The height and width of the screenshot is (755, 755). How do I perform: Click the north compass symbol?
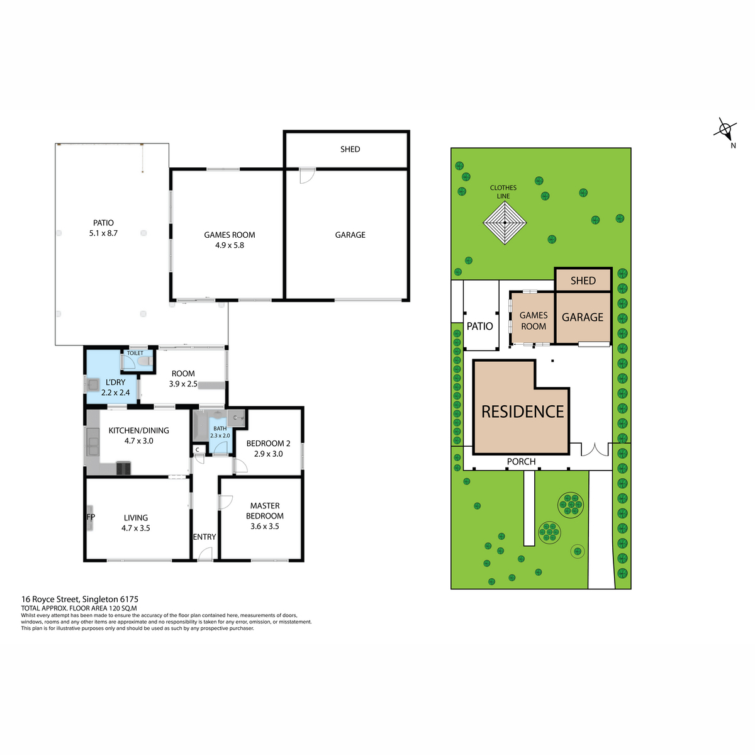(725, 130)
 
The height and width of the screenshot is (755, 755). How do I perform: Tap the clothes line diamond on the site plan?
(504, 223)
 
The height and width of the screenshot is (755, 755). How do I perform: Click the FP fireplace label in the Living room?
(91, 517)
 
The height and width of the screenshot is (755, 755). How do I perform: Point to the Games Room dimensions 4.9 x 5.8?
(229, 245)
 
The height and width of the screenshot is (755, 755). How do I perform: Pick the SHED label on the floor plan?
(350, 149)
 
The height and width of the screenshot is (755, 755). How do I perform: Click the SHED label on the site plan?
(583, 281)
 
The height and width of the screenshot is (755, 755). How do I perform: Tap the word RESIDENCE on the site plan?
(522, 411)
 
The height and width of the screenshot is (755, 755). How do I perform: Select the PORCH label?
(521, 462)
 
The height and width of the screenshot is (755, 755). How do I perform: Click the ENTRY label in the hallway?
(204, 537)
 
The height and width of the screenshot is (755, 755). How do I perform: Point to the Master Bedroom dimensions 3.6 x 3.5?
(264, 526)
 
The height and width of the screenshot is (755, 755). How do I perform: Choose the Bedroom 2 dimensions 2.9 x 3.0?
(269, 454)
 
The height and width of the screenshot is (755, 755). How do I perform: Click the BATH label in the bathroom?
(220, 428)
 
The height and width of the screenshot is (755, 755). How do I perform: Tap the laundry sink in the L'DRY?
(93, 384)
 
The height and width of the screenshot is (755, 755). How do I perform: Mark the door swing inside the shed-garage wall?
(307, 176)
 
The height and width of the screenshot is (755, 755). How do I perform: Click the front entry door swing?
(205, 554)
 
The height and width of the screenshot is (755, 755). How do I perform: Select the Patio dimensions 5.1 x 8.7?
(103, 233)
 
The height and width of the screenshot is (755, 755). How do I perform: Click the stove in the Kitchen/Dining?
(123, 468)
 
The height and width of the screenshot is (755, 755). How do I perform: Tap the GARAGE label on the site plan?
(582, 317)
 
